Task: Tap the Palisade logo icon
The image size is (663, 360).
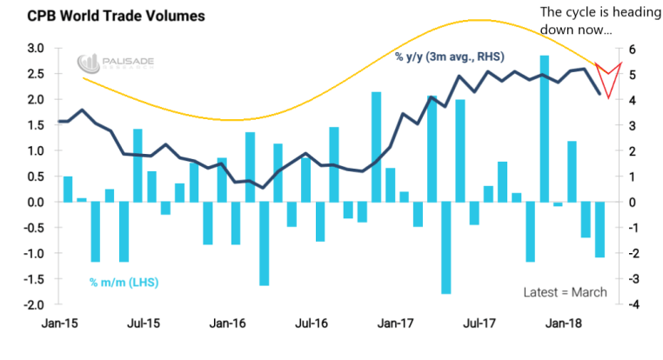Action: click(86, 63)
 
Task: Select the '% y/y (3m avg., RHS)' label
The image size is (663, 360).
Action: click(450, 58)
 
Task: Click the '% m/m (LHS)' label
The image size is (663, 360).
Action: click(124, 283)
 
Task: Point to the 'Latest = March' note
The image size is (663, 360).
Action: click(565, 292)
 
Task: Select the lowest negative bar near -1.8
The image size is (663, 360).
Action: click(446, 248)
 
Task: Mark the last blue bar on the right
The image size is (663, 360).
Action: click(599, 230)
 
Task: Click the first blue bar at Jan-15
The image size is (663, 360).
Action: click(68, 190)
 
